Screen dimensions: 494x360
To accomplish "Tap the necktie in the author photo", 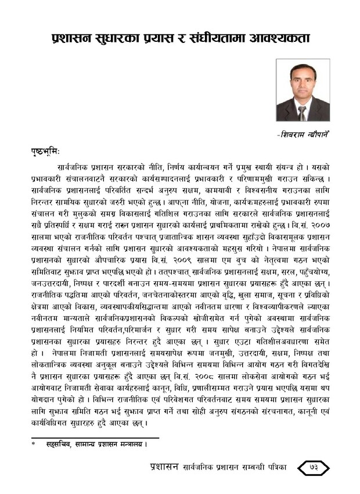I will [x=302, y=113].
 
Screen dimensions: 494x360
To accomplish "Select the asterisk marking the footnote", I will [x=34, y=445].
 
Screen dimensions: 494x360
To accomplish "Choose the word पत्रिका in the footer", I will [x=278, y=469].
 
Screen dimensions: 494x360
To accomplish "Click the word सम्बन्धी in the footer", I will [x=247, y=469].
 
